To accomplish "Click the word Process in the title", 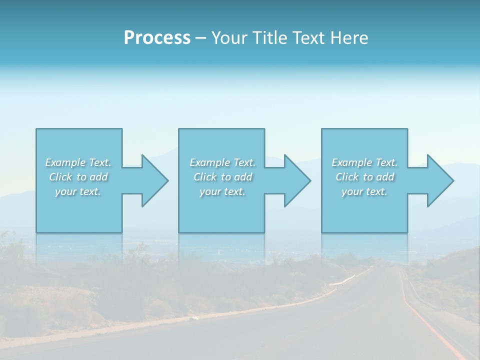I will (157, 38).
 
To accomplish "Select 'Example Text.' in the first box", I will (78, 162).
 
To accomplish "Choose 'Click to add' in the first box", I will (78, 177).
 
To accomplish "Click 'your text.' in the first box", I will (78, 191).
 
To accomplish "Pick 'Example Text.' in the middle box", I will (222, 162).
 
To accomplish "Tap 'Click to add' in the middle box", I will (222, 177).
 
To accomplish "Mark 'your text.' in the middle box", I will (222, 191).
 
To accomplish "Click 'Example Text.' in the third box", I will (364, 162).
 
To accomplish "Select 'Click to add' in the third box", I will (365, 177).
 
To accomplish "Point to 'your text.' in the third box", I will (364, 191).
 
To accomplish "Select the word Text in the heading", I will (308, 38).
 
